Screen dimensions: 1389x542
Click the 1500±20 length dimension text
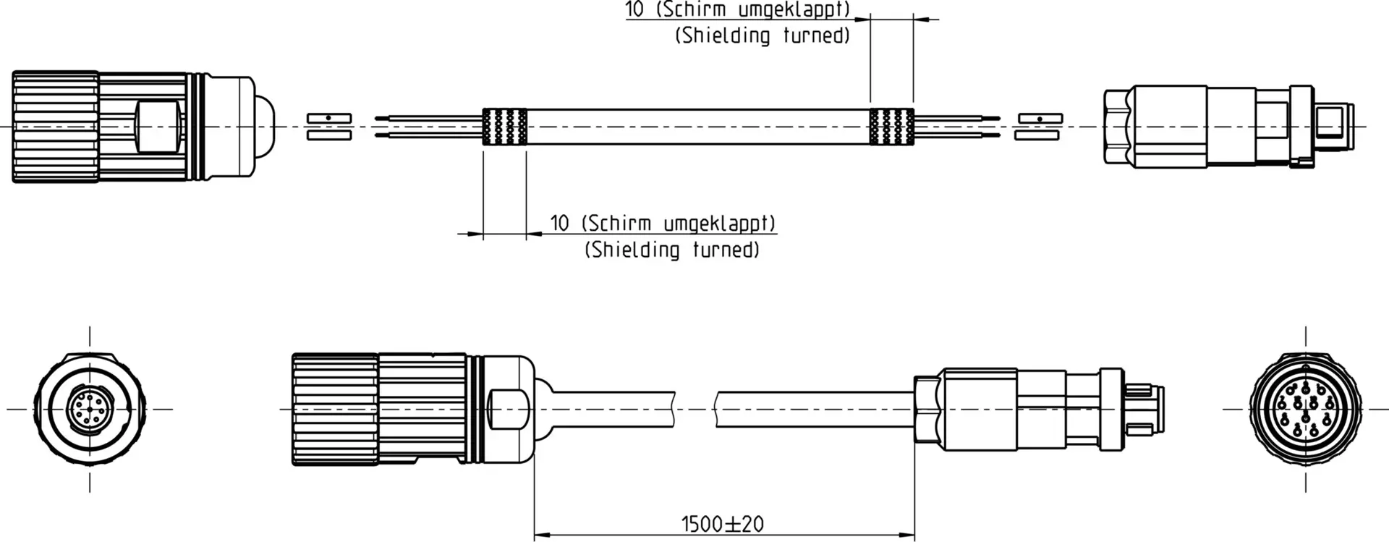722,524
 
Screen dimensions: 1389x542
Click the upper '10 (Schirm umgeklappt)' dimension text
738,9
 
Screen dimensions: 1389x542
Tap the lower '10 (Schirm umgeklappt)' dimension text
663,223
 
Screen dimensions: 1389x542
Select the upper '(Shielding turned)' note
763,35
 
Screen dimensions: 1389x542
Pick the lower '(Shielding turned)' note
672,250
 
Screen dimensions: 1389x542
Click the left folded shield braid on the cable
505,127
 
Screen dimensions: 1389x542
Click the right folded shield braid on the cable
892,127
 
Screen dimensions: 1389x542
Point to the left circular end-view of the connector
90,409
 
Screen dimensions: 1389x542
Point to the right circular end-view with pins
1306,409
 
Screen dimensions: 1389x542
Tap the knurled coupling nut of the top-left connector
55,127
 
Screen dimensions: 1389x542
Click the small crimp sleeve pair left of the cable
329,127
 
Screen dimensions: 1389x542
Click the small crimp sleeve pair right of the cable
1040,127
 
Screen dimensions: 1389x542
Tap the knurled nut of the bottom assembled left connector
334,410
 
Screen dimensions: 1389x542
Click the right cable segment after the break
813,409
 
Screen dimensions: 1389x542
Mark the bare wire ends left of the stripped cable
428,126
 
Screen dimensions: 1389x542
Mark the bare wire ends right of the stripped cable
957,127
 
